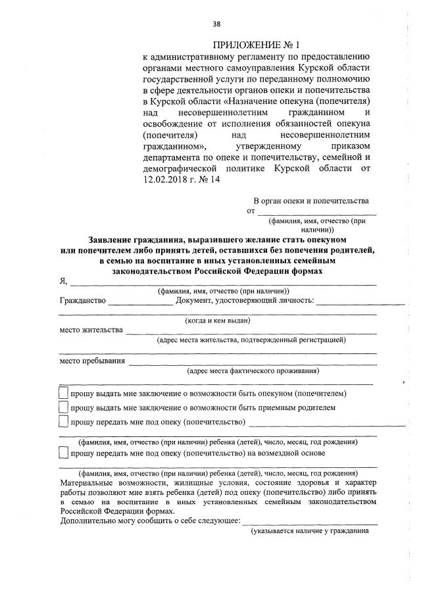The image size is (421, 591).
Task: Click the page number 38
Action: coord(216,25)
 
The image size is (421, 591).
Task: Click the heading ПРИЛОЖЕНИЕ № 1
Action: coord(256,45)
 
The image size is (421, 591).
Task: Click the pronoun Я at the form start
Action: coord(63,281)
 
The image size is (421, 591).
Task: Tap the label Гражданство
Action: coord(82,301)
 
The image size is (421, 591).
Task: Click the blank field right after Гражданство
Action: coord(140,302)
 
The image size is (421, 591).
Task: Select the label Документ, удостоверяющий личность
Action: coord(245,301)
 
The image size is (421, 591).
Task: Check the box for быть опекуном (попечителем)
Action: coord(63,394)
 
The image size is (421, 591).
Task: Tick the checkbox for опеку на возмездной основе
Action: coord(63,453)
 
